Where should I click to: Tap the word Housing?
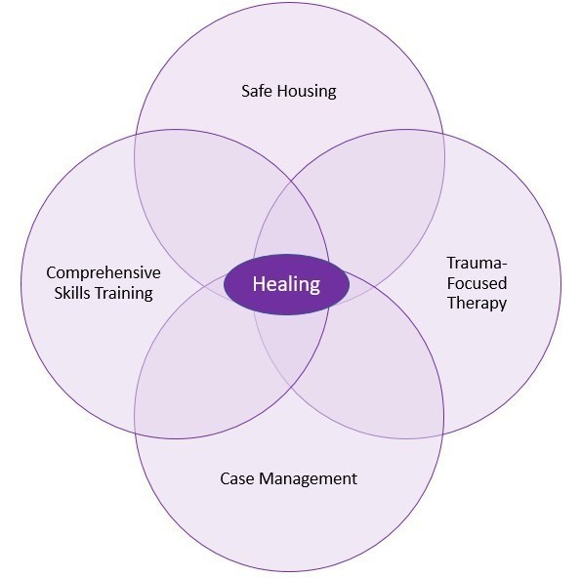click(308, 92)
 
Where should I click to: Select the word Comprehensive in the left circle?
click(104, 273)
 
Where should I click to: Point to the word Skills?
click(72, 293)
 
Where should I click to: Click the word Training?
click(124, 294)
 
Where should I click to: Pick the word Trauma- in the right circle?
click(477, 263)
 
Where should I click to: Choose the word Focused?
click(477, 283)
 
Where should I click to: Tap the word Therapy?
click(477, 303)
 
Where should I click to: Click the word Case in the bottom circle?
click(237, 478)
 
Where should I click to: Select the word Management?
click(309, 479)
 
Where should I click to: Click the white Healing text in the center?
click(286, 284)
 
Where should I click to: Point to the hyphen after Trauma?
click(503, 265)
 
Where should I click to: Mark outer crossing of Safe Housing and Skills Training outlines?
click(136, 134)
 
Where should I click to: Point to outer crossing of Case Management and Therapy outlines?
click(443, 433)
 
